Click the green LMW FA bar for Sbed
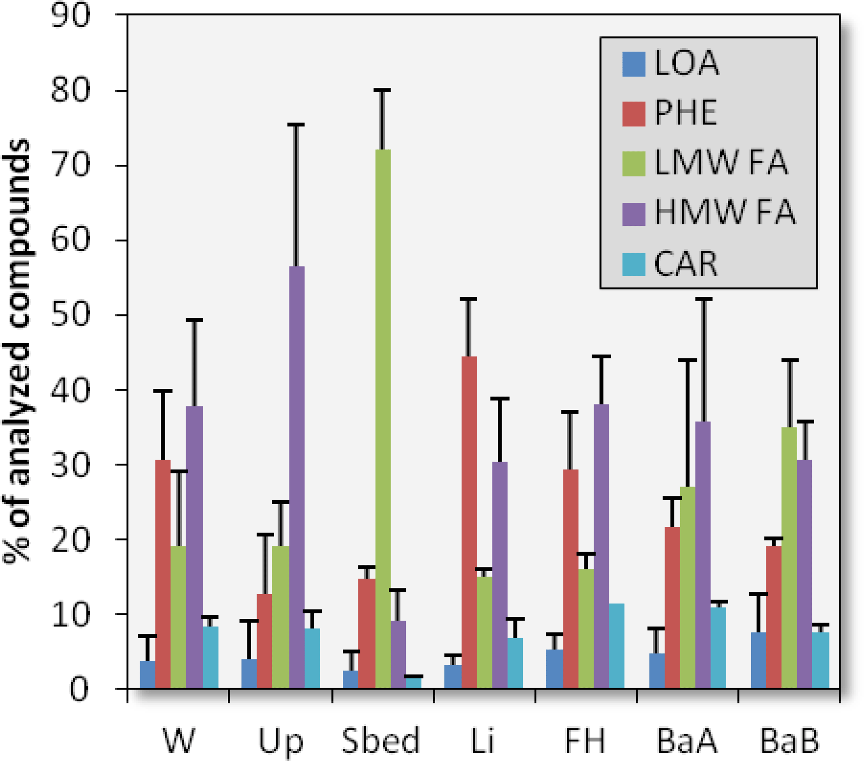382,419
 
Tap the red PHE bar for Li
469,523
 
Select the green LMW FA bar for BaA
687,587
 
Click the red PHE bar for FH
571,579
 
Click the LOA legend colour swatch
634,64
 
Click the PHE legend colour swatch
634,114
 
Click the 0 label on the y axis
79,690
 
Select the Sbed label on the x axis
380,741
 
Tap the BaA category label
687,741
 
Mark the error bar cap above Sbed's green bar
382,90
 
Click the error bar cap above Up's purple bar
296,125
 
